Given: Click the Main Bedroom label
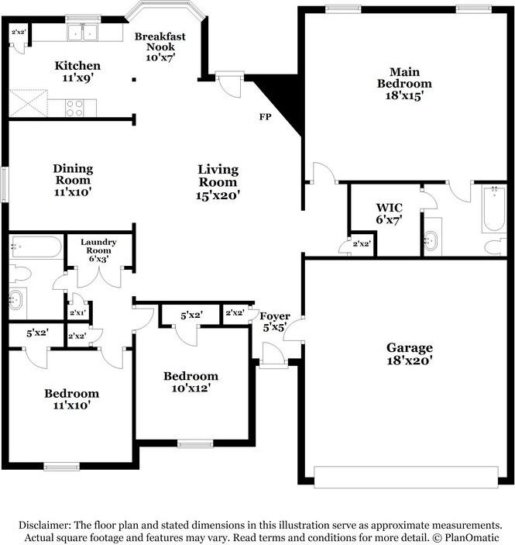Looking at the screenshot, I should [404, 83].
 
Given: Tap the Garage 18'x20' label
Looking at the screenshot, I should [410, 354].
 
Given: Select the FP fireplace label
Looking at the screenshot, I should [264, 118].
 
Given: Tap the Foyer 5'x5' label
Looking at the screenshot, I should [274, 321].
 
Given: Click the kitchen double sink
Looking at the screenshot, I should [82, 33].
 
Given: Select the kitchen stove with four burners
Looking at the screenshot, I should [75, 107].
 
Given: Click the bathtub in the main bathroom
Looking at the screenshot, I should [494, 209].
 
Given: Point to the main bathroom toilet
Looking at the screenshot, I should [493, 246].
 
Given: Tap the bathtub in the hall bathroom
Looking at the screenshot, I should [35, 248].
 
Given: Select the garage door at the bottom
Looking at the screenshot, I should [406, 477].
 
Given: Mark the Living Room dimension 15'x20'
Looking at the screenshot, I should [218, 196].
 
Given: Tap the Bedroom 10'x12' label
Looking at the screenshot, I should [191, 382].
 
